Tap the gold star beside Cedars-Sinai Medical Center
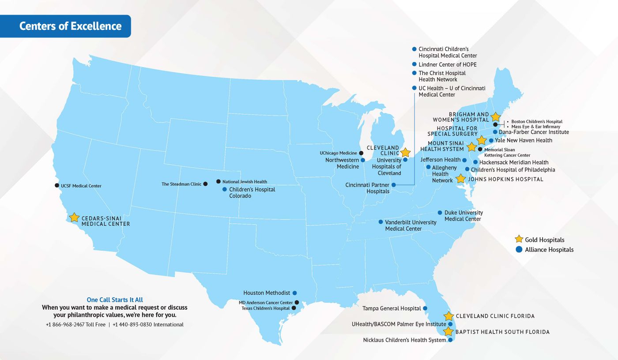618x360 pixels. coord(74,217)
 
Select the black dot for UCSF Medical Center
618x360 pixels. coord(57,185)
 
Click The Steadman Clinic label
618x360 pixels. coord(181,184)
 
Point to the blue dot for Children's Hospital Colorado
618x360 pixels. coord(224,189)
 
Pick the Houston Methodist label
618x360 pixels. coord(267,293)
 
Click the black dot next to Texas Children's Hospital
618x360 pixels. coord(294,308)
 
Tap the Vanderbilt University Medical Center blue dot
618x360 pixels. coord(381,222)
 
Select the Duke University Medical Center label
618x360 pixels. coord(463,216)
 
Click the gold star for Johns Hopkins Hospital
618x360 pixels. coord(460,179)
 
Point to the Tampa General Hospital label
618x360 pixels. coord(392,308)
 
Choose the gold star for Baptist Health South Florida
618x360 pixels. coord(448,331)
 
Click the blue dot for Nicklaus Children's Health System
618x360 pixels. coord(450,340)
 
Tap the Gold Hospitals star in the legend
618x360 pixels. coord(519,239)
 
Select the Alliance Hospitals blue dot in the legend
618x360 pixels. coord(519,249)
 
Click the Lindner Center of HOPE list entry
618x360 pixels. coord(448,64)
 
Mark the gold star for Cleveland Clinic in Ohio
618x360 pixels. coord(405,153)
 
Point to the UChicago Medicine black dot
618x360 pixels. coord(362,153)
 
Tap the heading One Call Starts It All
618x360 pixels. coord(115,300)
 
